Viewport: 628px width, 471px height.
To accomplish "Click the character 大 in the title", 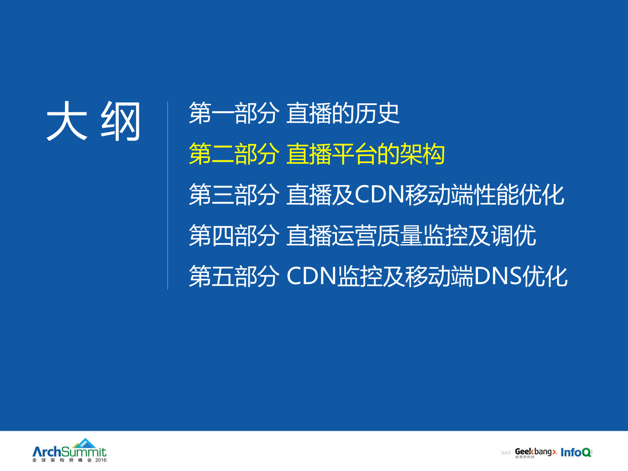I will click(66, 121).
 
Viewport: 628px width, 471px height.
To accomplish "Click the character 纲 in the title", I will click(121, 121).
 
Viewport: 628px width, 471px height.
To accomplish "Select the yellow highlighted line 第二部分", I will click(234, 154).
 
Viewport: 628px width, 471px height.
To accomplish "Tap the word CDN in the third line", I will click(379, 195).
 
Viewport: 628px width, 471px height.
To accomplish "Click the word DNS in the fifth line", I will click(498, 276).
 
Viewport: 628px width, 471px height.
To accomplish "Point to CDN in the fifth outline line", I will click(311, 276).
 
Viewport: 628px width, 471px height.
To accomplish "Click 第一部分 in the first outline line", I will click(234, 113).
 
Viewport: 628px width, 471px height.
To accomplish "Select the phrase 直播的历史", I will click(343, 113).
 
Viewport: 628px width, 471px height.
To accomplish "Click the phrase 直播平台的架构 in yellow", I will click(366, 154).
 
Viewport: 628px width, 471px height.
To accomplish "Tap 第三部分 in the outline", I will click(234, 195).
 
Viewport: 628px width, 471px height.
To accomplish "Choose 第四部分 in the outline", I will click(234, 235).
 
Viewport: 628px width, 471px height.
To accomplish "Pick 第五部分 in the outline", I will click(234, 276).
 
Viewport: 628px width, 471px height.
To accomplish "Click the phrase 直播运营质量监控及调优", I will click(411, 235).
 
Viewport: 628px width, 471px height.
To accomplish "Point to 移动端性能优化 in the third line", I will click(484, 195).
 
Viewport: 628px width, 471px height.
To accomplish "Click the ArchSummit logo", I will click(69, 452).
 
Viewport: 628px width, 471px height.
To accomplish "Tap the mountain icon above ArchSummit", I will click(85, 443).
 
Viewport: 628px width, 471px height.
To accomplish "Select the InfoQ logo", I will click(576, 452).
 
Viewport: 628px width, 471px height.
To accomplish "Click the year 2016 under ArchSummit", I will click(101, 460).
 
